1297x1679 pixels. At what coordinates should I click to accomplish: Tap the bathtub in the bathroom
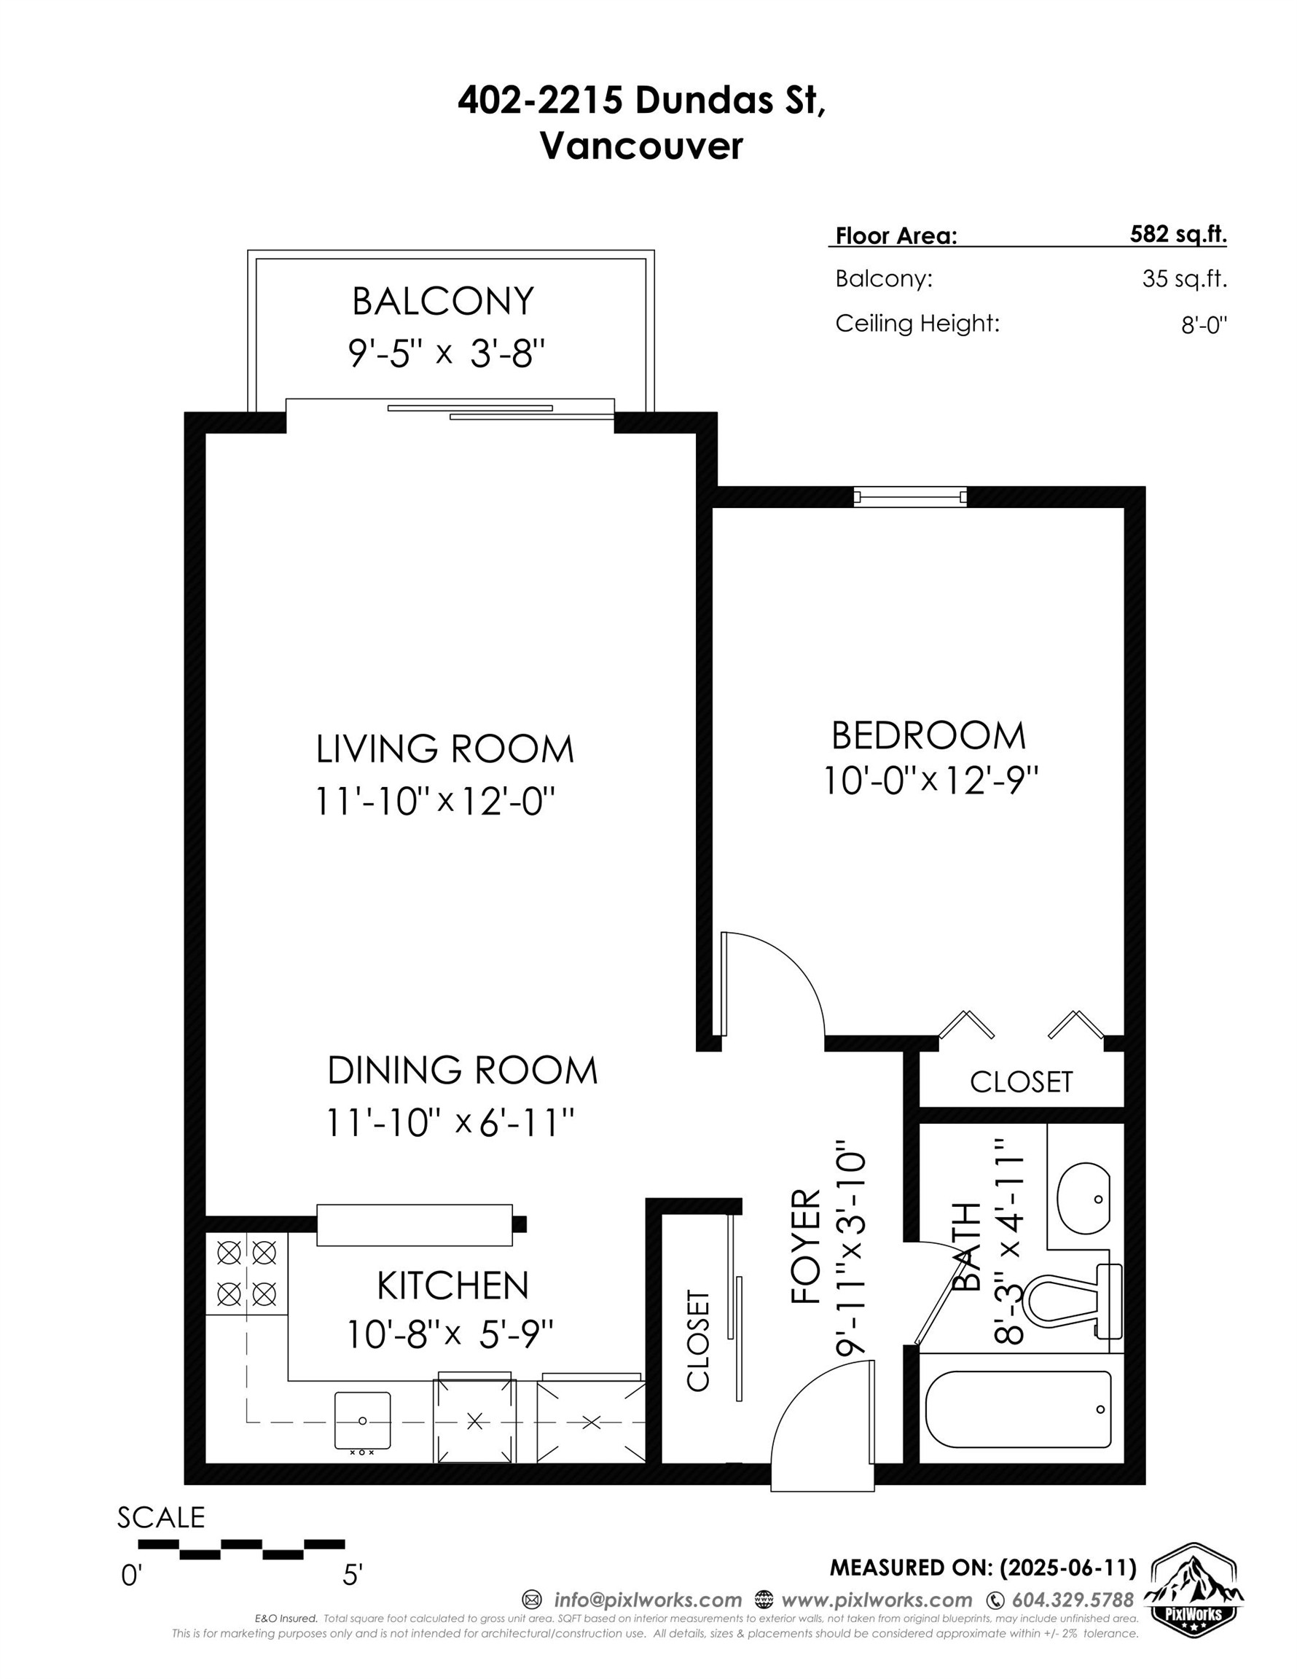[x=1018, y=1409]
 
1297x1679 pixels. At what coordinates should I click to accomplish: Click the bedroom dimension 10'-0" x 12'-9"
[x=931, y=781]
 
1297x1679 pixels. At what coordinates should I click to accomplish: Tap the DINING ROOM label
[x=462, y=1070]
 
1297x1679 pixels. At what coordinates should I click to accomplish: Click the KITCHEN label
[x=452, y=1285]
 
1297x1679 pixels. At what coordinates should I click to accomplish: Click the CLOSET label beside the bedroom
[x=1021, y=1081]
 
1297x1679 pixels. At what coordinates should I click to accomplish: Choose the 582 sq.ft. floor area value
[x=1178, y=234]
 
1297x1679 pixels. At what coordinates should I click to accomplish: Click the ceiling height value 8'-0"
[x=1204, y=324]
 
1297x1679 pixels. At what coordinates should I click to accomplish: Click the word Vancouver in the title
[x=642, y=145]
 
